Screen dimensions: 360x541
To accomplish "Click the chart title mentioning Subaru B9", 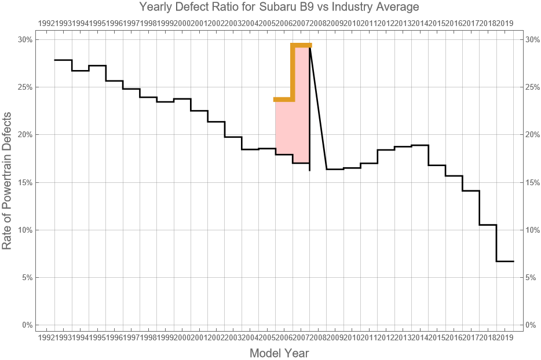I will click(279, 8).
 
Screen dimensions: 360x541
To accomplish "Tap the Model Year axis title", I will click(279, 352).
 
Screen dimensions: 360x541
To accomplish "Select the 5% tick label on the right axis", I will click(531, 277).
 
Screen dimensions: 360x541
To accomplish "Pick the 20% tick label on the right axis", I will click(532, 135).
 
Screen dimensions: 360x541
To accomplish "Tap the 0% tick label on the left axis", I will click(27, 325).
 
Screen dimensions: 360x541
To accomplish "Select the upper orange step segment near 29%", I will click(302, 45).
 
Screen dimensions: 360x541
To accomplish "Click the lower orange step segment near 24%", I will click(284, 100).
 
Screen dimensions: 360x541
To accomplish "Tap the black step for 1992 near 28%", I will click(63, 60).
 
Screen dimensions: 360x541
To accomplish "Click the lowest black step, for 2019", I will click(505, 261).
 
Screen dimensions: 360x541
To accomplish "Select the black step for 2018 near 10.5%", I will click(488, 225).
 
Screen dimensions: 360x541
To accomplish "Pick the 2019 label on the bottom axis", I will click(505, 337).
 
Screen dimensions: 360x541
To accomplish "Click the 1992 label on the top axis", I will click(46, 23).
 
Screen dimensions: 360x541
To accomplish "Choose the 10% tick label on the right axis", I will click(532, 230).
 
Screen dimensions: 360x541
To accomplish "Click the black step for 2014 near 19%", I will click(420, 145).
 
